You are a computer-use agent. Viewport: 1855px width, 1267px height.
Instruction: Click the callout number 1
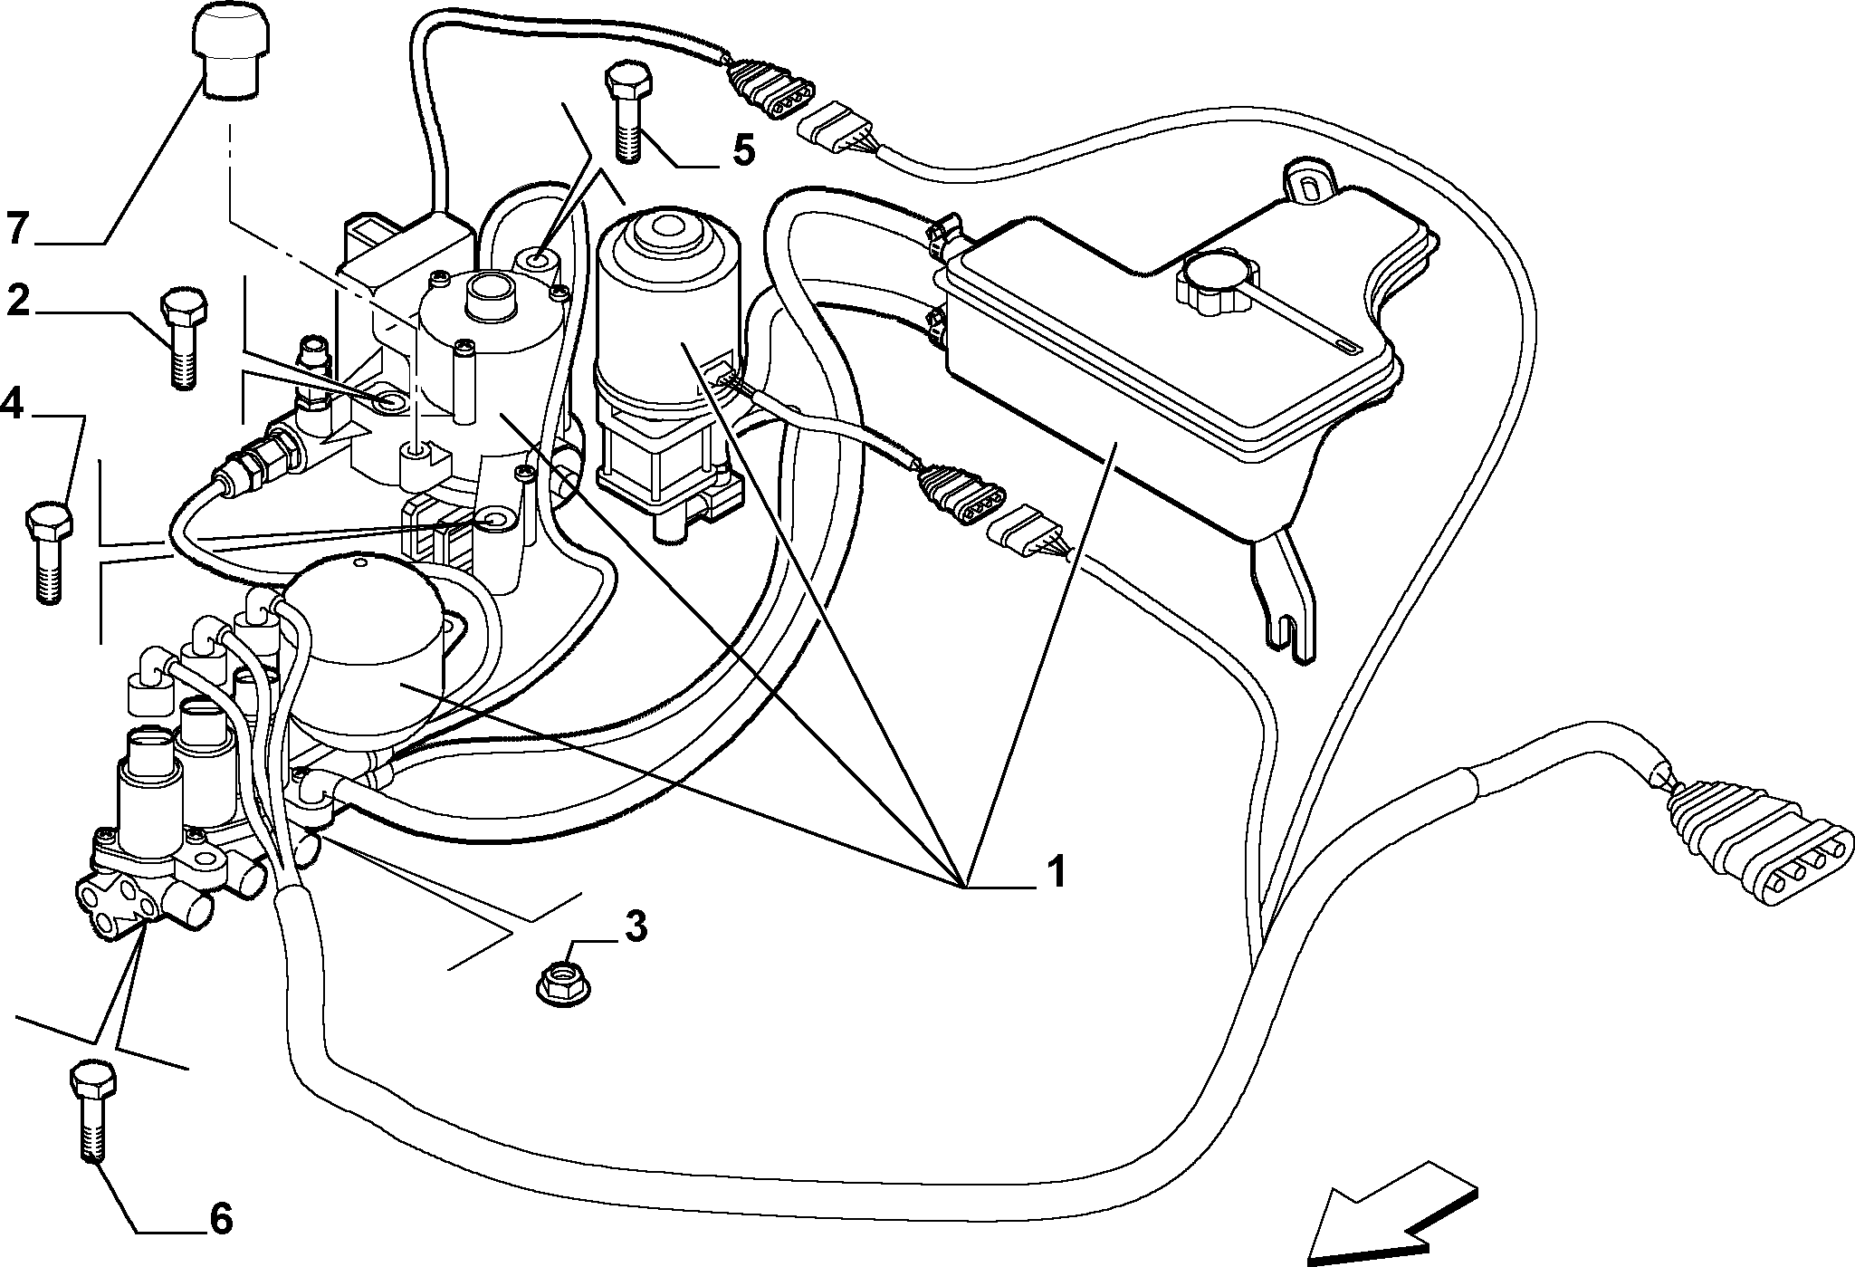coord(1055,871)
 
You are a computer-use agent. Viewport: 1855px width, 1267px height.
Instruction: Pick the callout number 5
coord(743,150)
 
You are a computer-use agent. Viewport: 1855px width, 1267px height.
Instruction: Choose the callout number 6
coord(220,1219)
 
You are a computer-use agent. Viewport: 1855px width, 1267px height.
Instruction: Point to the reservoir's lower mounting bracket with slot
coord(1284,594)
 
